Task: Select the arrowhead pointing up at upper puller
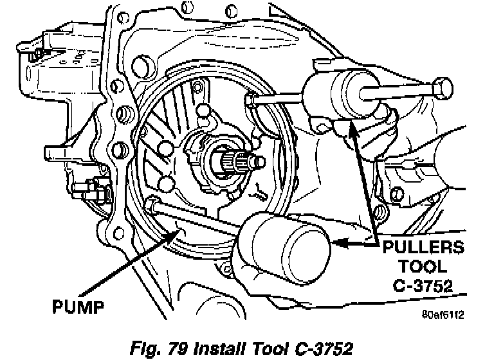pyautogui.click(x=351, y=128)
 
